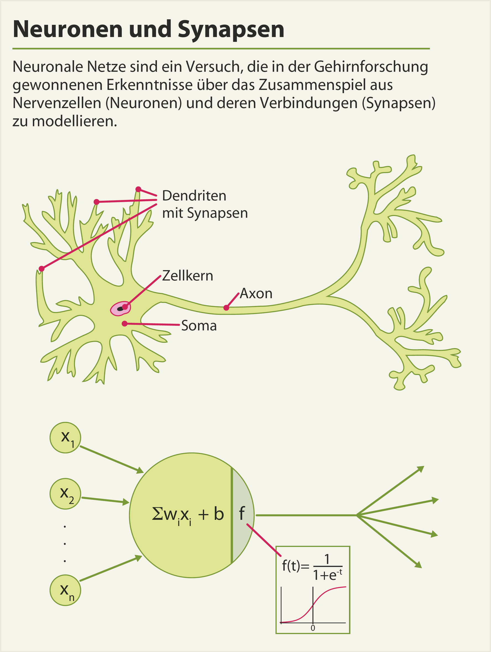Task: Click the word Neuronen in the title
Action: click(x=67, y=30)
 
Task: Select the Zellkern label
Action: click(x=187, y=276)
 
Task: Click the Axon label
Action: click(x=256, y=294)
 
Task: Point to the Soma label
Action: click(x=199, y=326)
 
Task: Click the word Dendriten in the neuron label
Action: click(x=194, y=196)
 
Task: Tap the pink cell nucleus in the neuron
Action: click(x=120, y=309)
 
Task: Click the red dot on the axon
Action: click(x=226, y=308)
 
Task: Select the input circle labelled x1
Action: click(x=65, y=438)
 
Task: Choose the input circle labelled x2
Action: click(x=65, y=494)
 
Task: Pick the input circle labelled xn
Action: click(x=65, y=590)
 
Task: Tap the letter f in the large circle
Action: click(x=241, y=513)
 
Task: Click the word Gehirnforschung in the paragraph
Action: click(x=371, y=67)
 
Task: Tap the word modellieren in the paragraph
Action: click(x=74, y=121)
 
